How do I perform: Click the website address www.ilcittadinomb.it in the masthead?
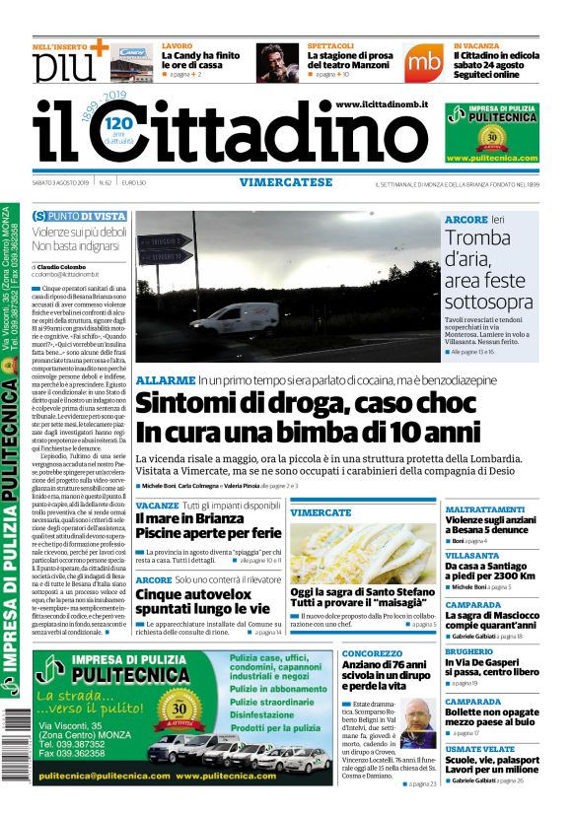tap(381, 104)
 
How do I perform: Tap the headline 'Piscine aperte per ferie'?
tap(207, 532)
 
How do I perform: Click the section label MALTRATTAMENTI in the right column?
tap(484, 509)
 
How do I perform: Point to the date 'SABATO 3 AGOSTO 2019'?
tap(59, 183)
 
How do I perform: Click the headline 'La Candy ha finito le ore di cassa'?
tap(200, 61)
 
